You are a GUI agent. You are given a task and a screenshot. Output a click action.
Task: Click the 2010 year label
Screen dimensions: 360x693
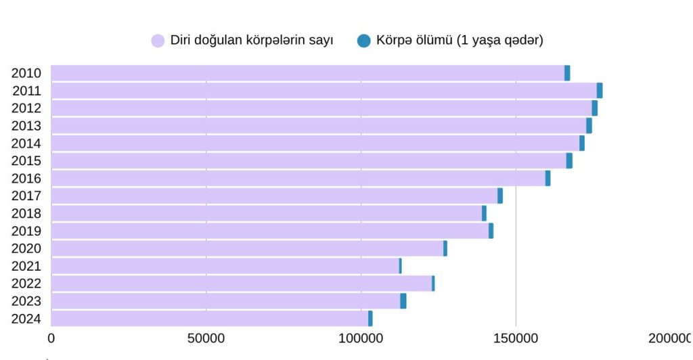(x=26, y=73)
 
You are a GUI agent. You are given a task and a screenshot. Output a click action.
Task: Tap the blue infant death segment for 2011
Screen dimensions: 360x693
(x=600, y=91)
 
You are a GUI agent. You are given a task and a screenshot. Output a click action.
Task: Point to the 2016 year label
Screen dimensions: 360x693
(x=26, y=179)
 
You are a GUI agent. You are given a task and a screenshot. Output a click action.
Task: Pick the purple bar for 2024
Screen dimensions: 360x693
(x=209, y=319)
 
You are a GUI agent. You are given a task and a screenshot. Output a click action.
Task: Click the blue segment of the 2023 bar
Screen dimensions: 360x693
(x=403, y=301)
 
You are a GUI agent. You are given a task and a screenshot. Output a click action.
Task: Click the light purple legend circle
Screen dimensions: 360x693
(x=158, y=41)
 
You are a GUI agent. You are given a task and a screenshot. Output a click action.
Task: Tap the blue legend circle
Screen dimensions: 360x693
(x=363, y=41)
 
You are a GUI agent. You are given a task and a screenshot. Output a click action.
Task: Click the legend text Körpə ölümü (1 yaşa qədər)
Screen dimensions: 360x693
(x=460, y=41)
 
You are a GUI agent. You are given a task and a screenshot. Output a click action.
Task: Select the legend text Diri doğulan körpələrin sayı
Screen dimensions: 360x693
(x=252, y=41)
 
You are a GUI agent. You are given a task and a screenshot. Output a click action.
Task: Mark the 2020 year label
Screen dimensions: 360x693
(x=26, y=248)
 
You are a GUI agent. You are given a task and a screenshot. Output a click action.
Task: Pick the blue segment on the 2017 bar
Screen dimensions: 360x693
(x=500, y=196)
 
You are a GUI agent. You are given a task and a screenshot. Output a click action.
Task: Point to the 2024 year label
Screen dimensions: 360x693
(x=26, y=319)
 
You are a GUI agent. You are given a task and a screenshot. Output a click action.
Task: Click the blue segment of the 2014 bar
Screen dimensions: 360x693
(x=582, y=143)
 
